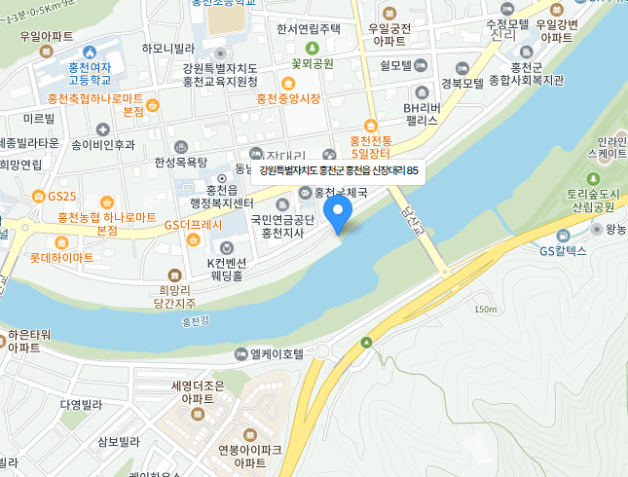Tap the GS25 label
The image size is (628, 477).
pyautogui.click(x=60, y=196)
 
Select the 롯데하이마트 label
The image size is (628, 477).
pyautogui.click(x=61, y=258)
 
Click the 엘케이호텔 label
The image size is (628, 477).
pyautogui.click(x=277, y=353)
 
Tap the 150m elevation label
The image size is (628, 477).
pyautogui.click(x=484, y=310)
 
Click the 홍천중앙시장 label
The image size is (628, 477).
pyautogui.click(x=288, y=99)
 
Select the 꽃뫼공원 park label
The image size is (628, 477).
pyautogui.click(x=312, y=63)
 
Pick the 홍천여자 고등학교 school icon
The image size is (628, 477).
pyautogui.click(x=90, y=52)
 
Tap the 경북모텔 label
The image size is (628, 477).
pyautogui.click(x=462, y=83)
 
